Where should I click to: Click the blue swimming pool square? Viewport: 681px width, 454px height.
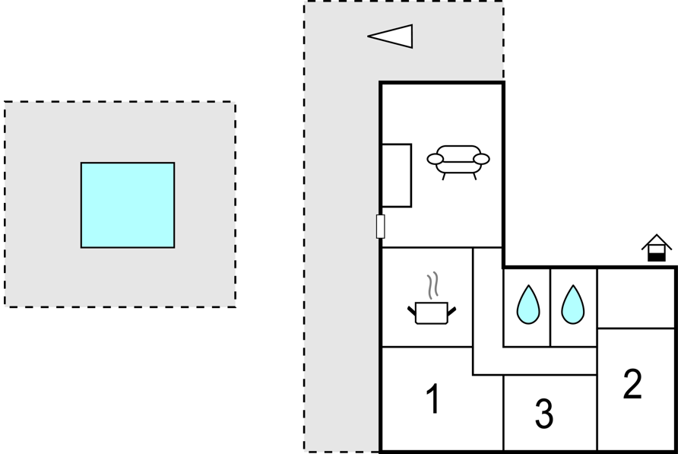coord(128,205)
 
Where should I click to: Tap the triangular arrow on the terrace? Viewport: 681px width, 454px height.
coord(391,36)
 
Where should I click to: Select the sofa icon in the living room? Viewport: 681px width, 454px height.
coord(458,162)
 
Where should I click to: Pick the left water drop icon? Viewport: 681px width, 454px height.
coord(528,304)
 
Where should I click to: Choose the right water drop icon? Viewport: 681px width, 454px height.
coord(573,304)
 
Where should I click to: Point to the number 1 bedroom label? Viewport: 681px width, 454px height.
coord(433,398)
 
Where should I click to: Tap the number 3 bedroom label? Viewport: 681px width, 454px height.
coord(544,414)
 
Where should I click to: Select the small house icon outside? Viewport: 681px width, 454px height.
coord(657,248)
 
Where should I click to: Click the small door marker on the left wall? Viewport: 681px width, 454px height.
coord(381,227)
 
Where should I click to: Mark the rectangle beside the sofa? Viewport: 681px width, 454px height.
coord(397,176)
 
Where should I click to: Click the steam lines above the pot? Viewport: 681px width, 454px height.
coord(432,285)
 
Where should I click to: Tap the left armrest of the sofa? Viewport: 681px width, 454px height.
coord(436,159)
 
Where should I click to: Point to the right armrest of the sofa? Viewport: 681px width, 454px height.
coord(481,159)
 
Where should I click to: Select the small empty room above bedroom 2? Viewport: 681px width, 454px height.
coord(636,298)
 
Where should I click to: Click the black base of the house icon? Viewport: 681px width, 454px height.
coord(657,258)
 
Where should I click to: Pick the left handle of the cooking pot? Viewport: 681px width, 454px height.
coord(412,310)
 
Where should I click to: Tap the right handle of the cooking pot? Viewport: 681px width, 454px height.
coord(451,310)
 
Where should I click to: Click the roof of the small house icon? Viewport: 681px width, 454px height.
coord(657,242)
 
